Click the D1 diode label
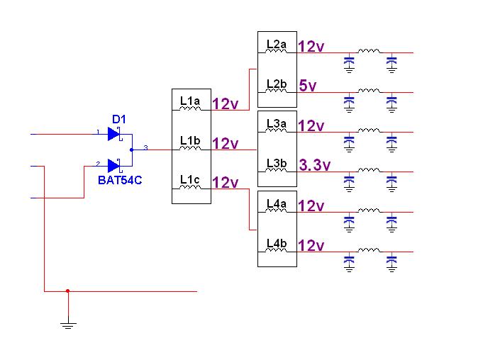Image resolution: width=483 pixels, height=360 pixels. click(118, 118)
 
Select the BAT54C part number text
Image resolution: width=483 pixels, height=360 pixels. click(120, 180)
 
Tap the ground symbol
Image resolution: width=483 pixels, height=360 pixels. click(68, 325)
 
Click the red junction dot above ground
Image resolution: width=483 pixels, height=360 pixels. click(68, 291)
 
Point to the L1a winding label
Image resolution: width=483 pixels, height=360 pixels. click(190, 101)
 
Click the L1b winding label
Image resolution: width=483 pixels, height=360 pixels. click(190, 140)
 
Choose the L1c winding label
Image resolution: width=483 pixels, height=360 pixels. click(190, 179)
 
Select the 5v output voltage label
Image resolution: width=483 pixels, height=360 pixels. click(308, 86)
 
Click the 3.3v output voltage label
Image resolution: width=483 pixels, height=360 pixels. click(315, 166)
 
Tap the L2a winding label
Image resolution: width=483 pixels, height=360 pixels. click(276, 44)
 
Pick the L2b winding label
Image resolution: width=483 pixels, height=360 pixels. click(276, 84)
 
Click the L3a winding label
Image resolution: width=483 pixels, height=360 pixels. click(276, 123)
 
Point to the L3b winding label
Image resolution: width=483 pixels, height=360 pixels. click(276, 163)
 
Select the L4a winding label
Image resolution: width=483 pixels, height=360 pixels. click(276, 203)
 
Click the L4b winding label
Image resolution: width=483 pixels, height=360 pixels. click(276, 243)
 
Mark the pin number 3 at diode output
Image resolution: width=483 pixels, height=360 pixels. click(145, 147)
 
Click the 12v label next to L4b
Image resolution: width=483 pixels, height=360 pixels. click(311, 246)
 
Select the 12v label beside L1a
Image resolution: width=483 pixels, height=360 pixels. click(226, 104)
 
